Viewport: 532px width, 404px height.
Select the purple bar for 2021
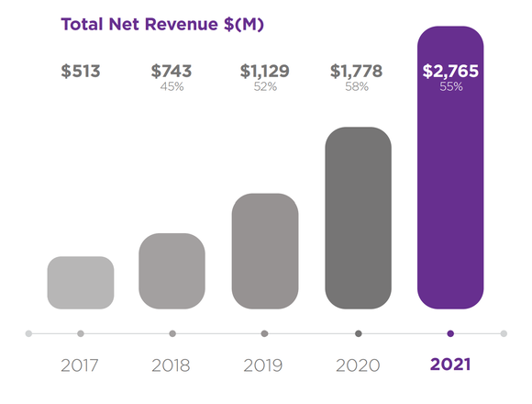coord(449,184)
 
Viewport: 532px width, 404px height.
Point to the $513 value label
coord(81,72)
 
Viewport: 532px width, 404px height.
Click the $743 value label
coord(172,72)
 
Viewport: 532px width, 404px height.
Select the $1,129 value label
coord(264,72)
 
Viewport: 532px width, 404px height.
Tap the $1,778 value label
coord(357,72)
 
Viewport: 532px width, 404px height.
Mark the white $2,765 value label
coord(449,72)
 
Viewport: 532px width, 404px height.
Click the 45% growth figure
coord(172,87)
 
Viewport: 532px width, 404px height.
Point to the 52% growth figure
coord(264,87)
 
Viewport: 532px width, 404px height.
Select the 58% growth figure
coord(357,87)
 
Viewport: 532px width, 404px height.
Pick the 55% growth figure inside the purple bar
coord(449,87)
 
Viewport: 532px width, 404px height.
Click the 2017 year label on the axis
coord(81,365)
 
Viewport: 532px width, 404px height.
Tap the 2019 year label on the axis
coord(264,365)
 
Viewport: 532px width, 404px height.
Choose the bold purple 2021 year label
coord(449,365)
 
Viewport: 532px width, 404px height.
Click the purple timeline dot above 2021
coord(450,333)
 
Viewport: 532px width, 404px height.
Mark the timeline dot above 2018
coord(172,333)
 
